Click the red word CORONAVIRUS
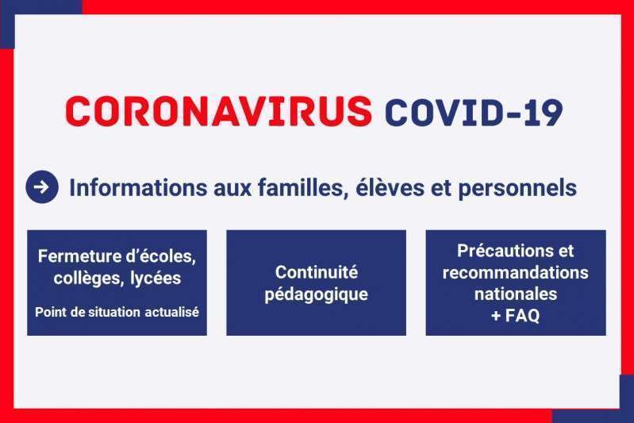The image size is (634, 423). coord(218,111)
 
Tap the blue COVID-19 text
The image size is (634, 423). coord(474,112)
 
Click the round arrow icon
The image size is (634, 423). coord(42,187)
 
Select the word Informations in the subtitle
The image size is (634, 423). coord(138,187)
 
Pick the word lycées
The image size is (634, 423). coord(156,279)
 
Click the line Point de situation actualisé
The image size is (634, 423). coord(117,312)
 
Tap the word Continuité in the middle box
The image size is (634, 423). coord(316,272)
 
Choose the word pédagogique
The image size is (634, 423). coord(316,294)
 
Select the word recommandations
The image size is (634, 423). coord(516,273)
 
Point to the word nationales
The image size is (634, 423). coord(516,294)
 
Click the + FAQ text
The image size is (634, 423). coord(516,316)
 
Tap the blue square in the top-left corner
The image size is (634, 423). coord(7,24)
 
